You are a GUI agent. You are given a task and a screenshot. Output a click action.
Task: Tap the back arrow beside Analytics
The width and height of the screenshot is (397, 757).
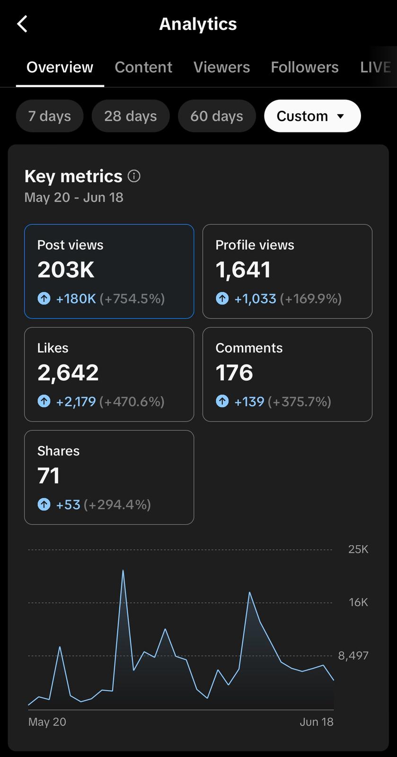point(22,24)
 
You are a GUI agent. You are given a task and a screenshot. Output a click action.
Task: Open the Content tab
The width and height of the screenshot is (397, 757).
point(143,67)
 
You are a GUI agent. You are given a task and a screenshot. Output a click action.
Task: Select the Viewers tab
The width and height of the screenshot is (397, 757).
point(221,67)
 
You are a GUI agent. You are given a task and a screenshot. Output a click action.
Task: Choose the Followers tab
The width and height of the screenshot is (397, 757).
point(304,67)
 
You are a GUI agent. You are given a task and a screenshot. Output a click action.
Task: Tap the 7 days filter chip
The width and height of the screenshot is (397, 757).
point(49,116)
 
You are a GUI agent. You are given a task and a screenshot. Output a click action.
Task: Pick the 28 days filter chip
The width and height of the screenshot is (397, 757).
point(130,116)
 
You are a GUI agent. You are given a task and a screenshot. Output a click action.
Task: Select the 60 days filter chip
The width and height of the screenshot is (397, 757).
point(217,116)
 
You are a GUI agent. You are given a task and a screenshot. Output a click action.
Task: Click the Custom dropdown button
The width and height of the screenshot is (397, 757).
point(312,116)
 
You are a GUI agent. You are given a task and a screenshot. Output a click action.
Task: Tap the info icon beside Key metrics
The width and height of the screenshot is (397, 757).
point(134,176)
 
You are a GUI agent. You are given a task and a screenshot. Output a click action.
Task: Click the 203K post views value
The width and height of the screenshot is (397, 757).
point(66,270)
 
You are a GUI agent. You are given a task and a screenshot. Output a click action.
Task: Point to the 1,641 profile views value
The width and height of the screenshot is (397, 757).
point(243,270)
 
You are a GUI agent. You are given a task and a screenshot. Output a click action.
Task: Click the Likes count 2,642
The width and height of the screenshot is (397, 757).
point(68,373)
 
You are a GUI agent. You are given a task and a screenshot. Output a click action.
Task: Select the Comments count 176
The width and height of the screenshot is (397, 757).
point(234,373)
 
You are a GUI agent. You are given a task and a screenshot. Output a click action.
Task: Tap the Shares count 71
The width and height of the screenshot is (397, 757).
point(48,476)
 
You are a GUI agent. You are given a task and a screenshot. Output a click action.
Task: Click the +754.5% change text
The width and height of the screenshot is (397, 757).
point(132,299)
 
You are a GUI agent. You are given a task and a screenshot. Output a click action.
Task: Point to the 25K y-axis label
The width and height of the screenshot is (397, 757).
point(358,549)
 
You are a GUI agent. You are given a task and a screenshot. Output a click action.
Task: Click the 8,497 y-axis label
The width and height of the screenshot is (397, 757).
point(353,656)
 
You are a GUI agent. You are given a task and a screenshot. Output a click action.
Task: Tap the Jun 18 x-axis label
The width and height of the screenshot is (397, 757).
point(317,722)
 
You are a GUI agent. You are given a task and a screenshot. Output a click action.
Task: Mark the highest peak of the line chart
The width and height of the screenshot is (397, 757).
point(123,571)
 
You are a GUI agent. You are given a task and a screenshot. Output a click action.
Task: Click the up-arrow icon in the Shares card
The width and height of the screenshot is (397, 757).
point(44,505)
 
